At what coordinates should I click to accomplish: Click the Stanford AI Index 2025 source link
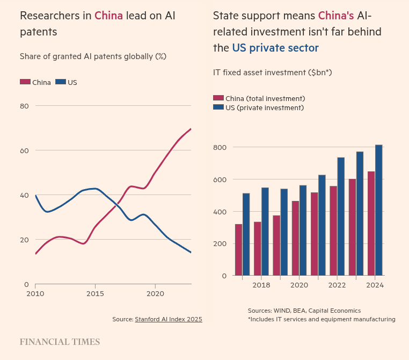tap(168, 319)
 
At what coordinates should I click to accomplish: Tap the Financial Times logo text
tap(60, 342)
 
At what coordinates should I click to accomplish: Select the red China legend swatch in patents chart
tap(25, 82)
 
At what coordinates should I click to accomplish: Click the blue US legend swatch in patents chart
tap(60, 82)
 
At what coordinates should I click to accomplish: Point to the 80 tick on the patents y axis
tap(25, 106)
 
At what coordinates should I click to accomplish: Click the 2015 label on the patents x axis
tap(95, 294)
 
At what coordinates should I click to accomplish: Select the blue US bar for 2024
tap(378, 210)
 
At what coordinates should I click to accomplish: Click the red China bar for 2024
tap(371, 224)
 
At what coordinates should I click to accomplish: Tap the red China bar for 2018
tap(258, 248)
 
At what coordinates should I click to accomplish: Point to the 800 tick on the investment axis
tap(220, 147)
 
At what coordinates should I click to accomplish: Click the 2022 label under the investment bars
tap(337, 285)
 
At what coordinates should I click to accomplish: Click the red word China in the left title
tap(108, 16)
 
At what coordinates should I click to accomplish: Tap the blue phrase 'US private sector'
tap(275, 48)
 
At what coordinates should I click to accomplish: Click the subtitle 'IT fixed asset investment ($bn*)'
tap(272, 72)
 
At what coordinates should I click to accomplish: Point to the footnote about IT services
tap(322, 319)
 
